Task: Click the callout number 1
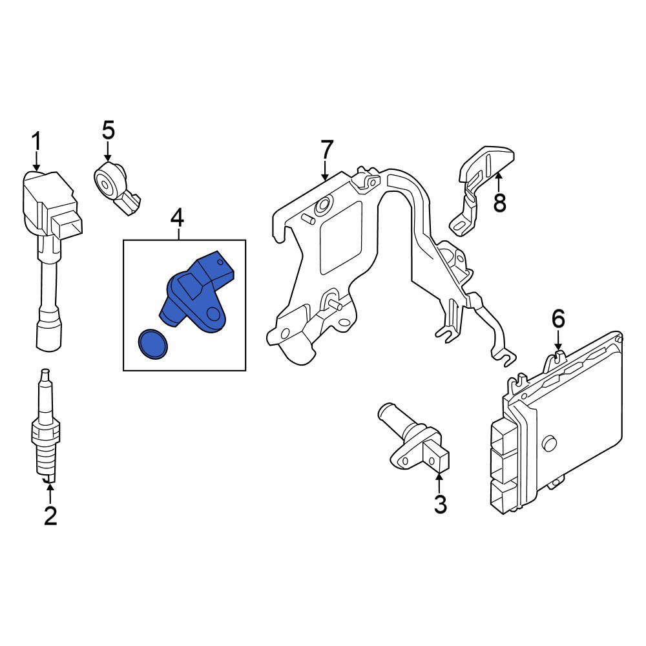(x=37, y=141)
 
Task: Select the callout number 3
(x=440, y=505)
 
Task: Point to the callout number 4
(x=178, y=218)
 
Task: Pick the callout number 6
(x=558, y=318)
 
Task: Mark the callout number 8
(x=499, y=203)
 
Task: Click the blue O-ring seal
(x=153, y=343)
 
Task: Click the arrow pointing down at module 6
(x=559, y=342)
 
